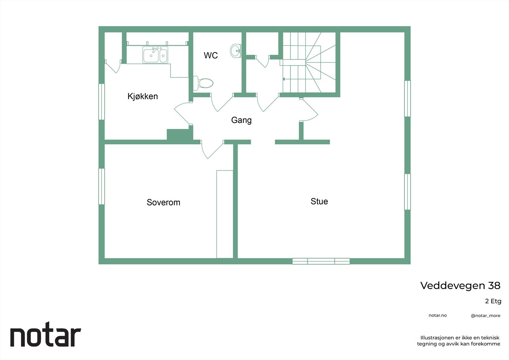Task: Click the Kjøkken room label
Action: pyautogui.click(x=143, y=96)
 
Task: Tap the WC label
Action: pyautogui.click(x=211, y=55)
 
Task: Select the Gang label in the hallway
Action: pyautogui.click(x=241, y=120)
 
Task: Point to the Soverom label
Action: pyautogui.click(x=163, y=202)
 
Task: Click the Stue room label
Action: pyautogui.click(x=319, y=201)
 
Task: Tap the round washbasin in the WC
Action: pyautogui.click(x=236, y=51)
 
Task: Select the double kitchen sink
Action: pyautogui.click(x=155, y=55)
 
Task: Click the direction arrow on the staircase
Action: pyautogui.click(x=284, y=79)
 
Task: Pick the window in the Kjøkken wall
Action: pyautogui.click(x=101, y=102)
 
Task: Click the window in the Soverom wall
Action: pyautogui.click(x=101, y=186)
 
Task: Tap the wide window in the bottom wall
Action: pyautogui.click(x=321, y=261)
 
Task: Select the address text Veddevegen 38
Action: pyautogui.click(x=460, y=286)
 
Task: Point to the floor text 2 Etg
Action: pyautogui.click(x=493, y=301)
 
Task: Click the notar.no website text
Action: pyautogui.click(x=437, y=315)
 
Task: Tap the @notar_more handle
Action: pyautogui.click(x=485, y=316)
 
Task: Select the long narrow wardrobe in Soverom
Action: pyautogui.click(x=225, y=214)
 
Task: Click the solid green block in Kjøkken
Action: pyautogui.click(x=179, y=134)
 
